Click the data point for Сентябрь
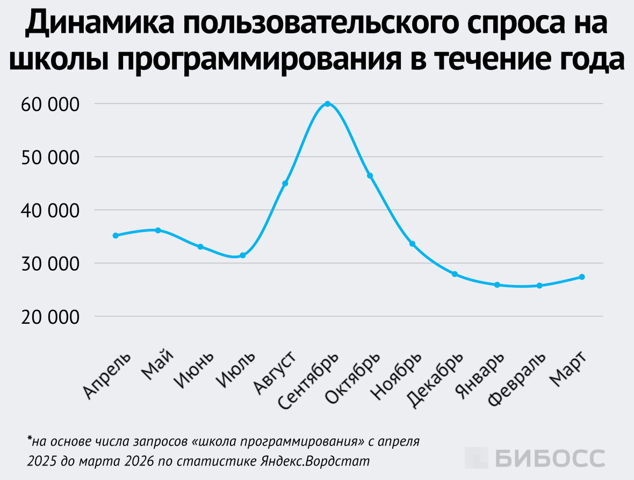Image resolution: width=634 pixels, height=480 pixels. (327, 104)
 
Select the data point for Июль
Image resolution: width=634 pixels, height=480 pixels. (243, 256)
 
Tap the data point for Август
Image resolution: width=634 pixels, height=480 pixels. (285, 184)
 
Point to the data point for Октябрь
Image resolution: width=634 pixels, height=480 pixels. (370, 176)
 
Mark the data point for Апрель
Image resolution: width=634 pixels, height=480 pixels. (116, 236)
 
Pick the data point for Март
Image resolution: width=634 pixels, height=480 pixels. (582, 277)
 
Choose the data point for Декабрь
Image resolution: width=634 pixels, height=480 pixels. (455, 274)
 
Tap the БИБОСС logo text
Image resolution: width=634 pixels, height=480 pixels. (550, 458)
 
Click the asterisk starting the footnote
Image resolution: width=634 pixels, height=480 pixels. (29, 440)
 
